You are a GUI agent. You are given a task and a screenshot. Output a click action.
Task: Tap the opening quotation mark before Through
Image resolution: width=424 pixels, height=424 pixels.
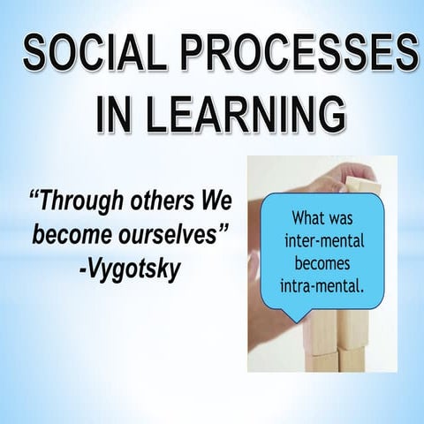click(x=36, y=196)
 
